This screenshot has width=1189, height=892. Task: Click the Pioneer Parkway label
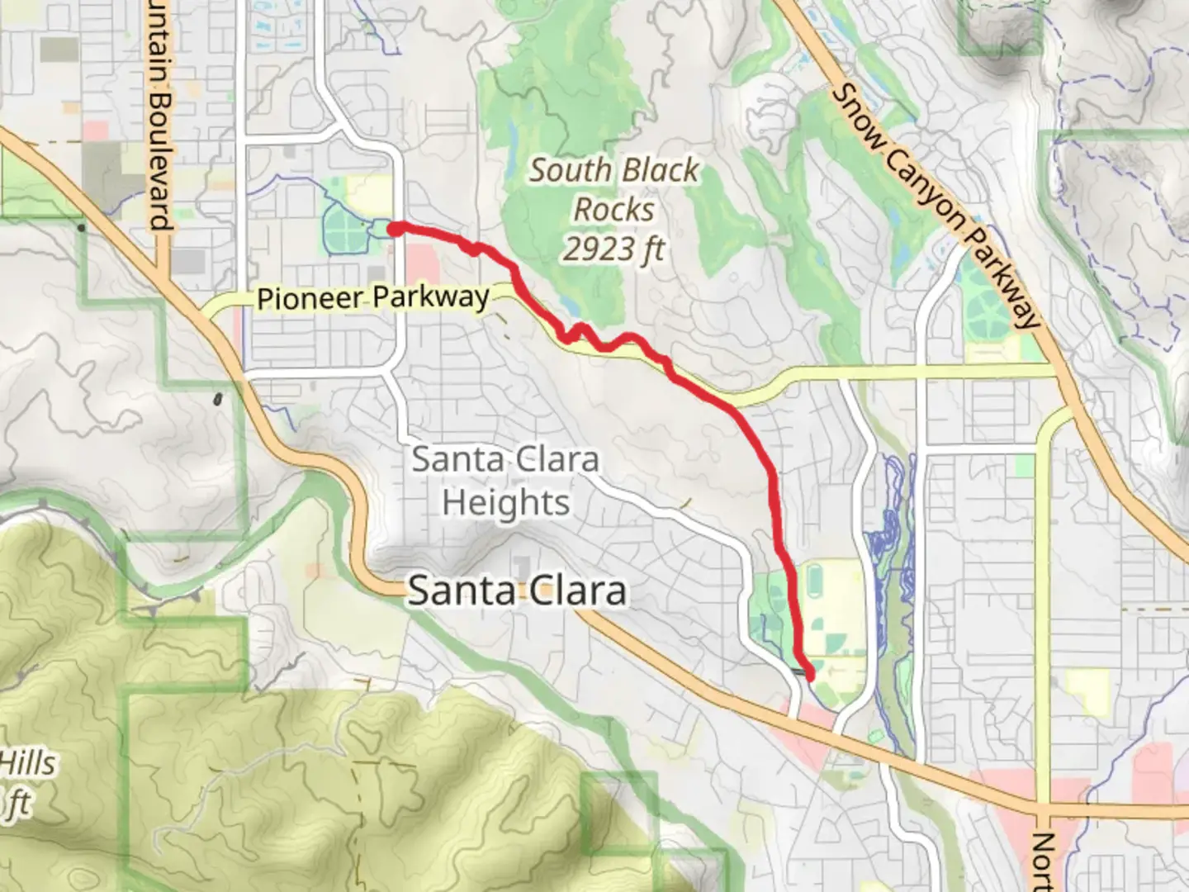coord(372,297)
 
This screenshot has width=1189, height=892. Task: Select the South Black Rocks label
coord(614,190)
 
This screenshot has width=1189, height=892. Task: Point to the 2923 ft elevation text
coord(614,249)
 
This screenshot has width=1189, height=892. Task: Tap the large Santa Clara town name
coord(517,591)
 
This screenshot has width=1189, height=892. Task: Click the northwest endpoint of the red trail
coord(396,229)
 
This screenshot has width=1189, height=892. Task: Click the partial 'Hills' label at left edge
coord(28,763)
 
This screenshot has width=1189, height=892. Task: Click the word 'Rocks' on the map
coord(614,210)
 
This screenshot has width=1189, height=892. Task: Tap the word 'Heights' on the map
coord(505,502)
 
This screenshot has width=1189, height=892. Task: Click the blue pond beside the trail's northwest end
coord(381,228)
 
